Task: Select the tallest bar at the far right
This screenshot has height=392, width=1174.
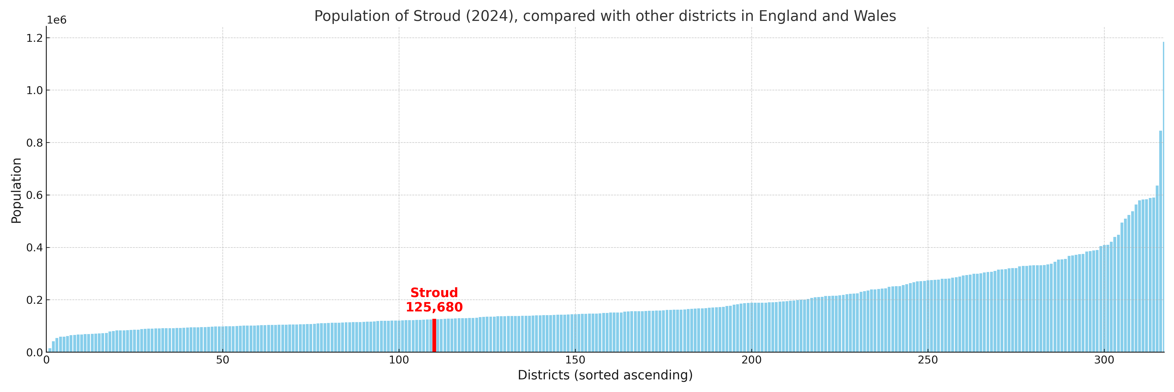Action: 1163,196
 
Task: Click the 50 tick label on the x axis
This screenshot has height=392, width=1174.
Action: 222,360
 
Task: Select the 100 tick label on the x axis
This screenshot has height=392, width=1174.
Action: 399,360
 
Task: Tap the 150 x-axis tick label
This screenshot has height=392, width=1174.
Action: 575,360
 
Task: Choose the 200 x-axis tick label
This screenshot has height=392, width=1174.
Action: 752,360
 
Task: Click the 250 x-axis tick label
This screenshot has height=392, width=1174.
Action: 928,360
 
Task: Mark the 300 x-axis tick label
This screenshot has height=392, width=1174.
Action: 1104,360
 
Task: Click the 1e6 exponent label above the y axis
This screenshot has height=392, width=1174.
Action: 57,20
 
